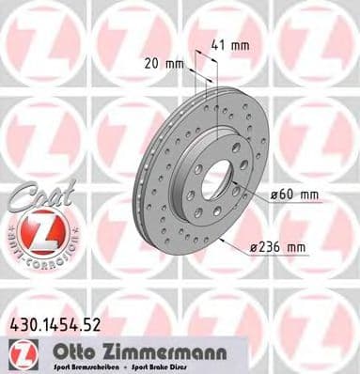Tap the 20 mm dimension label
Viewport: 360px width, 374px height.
tap(165, 66)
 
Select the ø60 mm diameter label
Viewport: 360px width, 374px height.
tap(295, 195)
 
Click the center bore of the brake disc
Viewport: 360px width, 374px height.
tap(215, 179)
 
